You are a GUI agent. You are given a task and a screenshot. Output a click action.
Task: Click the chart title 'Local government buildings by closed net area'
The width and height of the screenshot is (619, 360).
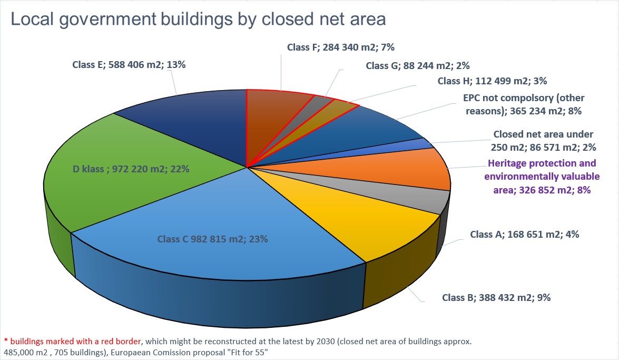click(198, 20)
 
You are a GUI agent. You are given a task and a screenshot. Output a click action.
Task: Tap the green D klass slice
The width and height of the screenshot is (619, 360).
click(132, 169)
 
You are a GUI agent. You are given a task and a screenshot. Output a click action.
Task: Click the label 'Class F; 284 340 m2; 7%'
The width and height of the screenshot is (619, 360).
click(341, 47)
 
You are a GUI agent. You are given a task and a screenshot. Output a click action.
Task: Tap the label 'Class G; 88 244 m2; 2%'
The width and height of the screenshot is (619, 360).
click(417, 66)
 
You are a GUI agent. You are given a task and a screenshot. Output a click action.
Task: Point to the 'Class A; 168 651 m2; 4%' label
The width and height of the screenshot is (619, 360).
click(525, 235)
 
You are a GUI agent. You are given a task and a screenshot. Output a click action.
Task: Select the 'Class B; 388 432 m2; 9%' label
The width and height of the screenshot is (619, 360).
click(496, 297)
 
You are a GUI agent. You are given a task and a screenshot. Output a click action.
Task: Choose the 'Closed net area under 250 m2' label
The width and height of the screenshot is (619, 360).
click(543, 140)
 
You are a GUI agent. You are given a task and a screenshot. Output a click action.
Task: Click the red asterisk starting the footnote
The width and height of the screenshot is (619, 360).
click(6, 342)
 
